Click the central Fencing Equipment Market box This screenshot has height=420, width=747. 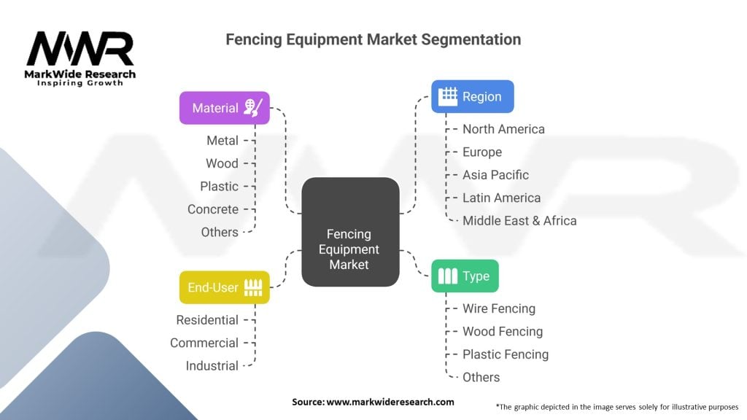(x=350, y=232)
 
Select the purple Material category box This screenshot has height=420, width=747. (x=224, y=108)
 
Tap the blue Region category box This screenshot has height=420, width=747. (x=472, y=96)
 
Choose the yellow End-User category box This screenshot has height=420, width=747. (x=224, y=287)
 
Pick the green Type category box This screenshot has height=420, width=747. (x=465, y=276)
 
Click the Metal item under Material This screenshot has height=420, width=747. (x=222, y=141)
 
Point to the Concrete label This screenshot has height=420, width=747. (x=213, y=209)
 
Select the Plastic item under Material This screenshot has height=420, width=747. (x=220, y=187)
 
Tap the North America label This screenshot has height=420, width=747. (x=503, y=129)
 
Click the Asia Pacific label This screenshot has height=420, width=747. (x=495, y=175)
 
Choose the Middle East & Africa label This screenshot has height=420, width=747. (x=519, y=221)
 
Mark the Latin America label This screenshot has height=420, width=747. (x=501, y=198)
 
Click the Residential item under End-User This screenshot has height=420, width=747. (x=207, y=320)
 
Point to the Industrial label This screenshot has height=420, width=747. (x=212, y=366)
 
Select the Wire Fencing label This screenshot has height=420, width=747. (x=499, y=308)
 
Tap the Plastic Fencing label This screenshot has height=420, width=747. (x=506, y=354)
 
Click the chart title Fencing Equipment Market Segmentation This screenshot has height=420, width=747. (x=373, y=39)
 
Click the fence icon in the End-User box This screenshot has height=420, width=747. (x=252, y=287)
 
